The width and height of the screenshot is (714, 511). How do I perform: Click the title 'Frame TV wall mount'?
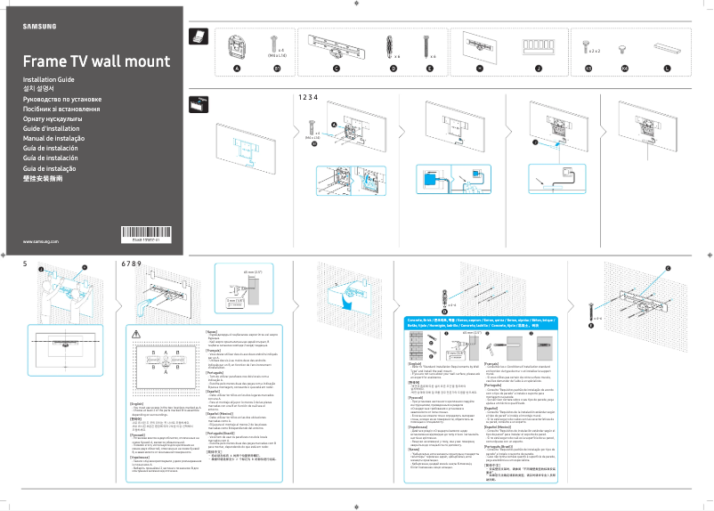pyautogui.click(x=95, y=61)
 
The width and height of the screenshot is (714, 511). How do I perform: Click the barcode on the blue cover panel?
pyautogui.click(x=143, y=234)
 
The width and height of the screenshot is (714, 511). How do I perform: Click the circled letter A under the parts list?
pyautogui.click(x=237, y=68)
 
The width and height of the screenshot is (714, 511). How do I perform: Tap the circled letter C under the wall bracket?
pyautogui.click(x=336, y=68)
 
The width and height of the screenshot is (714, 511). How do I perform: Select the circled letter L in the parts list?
pyautogui.click(x=667, y=68)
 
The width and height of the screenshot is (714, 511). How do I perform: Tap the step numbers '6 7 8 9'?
pyautogui.click(x=131, y=264)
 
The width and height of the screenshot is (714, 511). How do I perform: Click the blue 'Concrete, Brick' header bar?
pyautogui.click(x=472, y=320)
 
